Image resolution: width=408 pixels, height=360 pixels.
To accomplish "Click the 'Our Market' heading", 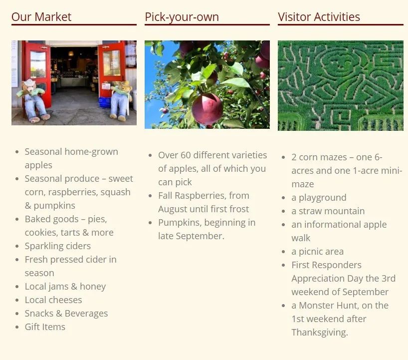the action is tap(41, 17).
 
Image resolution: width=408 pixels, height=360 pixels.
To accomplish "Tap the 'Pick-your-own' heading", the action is tap(182, 17).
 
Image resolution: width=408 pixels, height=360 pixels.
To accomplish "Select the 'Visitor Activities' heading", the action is tap(319, 17).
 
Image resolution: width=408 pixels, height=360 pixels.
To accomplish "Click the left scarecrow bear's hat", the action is tap(29, 82).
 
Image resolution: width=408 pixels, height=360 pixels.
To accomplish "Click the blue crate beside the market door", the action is tap(105, 102).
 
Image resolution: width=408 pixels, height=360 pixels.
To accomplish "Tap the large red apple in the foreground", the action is tap(207, 109).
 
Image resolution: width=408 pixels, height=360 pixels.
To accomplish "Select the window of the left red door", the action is tap(38, 64).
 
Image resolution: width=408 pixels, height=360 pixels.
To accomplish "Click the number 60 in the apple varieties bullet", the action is tap(186, 155).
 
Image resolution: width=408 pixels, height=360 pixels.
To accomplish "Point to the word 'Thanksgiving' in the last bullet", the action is tap(319, 333).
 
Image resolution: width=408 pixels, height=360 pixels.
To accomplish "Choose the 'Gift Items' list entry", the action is tap(45, 327).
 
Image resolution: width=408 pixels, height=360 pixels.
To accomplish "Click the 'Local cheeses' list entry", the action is tap(53, 300).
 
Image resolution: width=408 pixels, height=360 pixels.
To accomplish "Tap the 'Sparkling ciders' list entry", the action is tap(58, 246).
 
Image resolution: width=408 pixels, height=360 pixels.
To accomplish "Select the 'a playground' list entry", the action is tap(319, 197).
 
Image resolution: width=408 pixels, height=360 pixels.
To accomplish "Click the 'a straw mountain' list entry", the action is tap(328, 211).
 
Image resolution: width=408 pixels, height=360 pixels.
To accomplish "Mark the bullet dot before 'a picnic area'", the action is tap(283, 252).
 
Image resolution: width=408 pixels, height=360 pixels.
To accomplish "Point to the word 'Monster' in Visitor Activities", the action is tap(319, 305).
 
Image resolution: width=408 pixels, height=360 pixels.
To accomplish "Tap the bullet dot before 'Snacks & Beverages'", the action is tap(17, 314).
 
